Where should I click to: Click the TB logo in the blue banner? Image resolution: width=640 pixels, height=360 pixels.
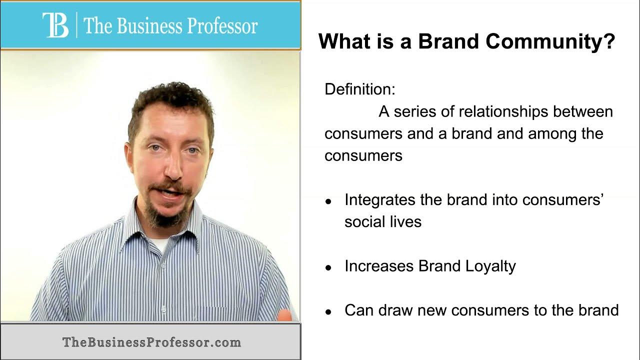(x=55, y=25)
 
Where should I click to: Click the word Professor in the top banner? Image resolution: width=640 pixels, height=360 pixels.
(x=222, y=25)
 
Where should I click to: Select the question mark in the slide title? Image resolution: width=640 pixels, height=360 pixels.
(x=610, y=41)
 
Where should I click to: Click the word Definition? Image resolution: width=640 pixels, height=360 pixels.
(x=360, y=89)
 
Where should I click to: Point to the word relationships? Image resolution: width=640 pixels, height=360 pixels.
(x=503, y=111)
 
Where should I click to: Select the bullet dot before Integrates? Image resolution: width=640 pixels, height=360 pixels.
(x=328, y=201)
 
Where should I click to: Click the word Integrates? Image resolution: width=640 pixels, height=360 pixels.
(x=379, y=200)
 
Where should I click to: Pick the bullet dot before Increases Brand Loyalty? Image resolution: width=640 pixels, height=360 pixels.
(x=328, y=267)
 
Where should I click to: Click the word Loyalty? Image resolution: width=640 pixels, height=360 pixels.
(x=490, y=266)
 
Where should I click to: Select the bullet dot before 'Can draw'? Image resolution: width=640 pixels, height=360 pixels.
(x=328, y=312)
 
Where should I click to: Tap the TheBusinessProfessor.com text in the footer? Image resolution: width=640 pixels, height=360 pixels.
(x=151, y=342)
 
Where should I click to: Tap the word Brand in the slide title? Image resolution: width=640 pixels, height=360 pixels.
(x=448, y=41)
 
